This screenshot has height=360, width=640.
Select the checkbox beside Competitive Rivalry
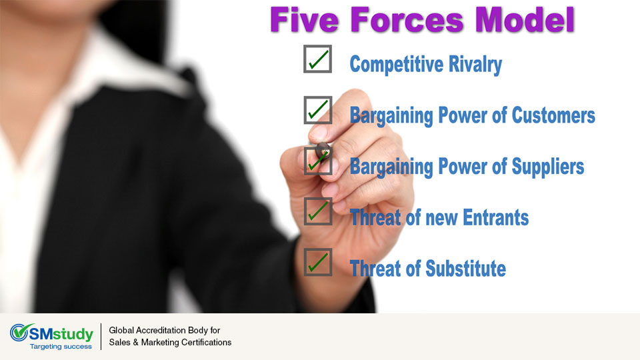317,59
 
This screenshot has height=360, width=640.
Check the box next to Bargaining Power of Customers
317,110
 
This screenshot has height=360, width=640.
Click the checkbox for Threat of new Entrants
317,211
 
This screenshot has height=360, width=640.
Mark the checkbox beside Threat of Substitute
317,262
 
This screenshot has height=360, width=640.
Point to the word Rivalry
475,65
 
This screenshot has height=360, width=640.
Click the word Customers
553,115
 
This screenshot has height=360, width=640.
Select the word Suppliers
548,167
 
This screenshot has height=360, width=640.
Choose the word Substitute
466,269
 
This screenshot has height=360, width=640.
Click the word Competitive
396,65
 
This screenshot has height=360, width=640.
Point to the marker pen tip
324,152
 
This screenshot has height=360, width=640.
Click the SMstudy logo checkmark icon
19,333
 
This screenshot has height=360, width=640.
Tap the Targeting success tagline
61,347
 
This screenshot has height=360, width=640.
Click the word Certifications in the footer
207,343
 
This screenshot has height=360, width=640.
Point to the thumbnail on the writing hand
317,132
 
